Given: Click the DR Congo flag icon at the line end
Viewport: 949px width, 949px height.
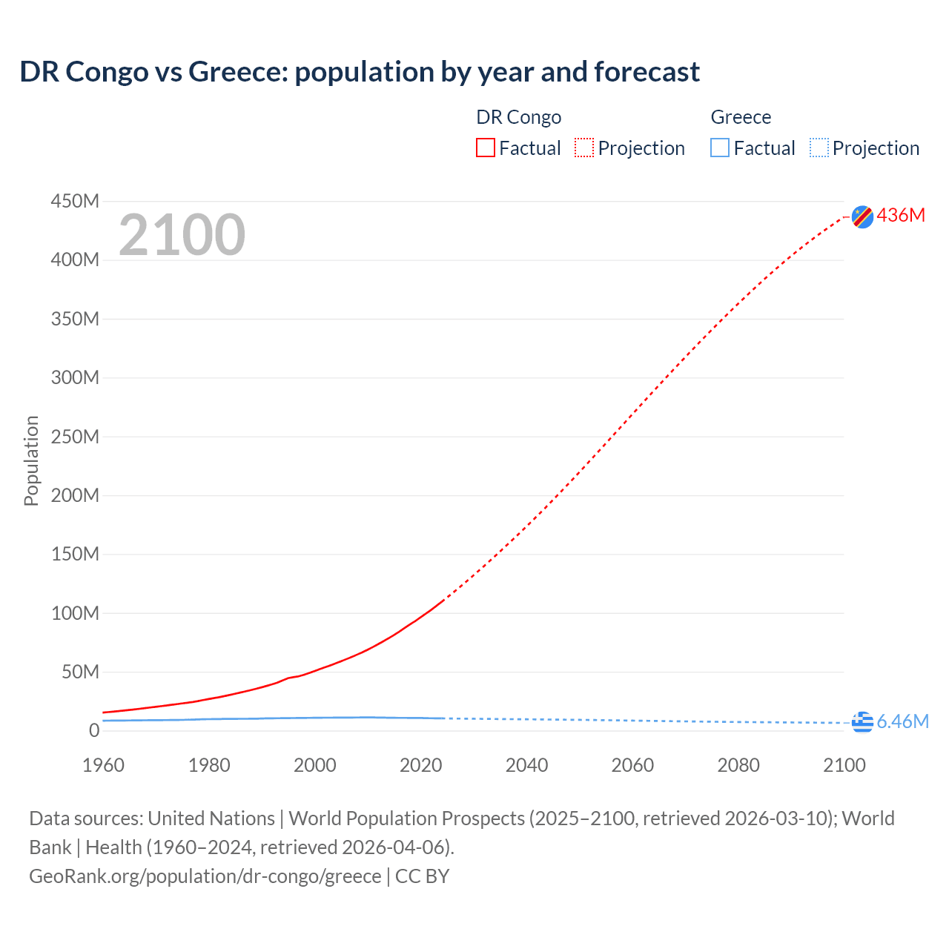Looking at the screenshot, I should pos(862,216).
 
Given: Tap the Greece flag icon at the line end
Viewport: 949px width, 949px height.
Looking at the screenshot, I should pos(862,722).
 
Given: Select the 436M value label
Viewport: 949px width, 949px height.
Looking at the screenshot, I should pos(901,215).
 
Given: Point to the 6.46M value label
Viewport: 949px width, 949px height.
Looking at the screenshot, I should pos(902,721).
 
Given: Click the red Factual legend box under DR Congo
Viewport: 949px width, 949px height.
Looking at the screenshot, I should pos(486,148).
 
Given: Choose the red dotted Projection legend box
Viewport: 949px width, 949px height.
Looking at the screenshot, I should pos(584,148).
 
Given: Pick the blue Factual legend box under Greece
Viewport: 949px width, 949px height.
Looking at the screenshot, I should pos(720,148).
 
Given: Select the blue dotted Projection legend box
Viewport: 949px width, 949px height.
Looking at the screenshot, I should pos(819,148).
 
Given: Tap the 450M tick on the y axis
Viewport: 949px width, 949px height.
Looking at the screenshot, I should pos(75,201).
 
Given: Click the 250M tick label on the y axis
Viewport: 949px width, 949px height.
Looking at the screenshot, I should pos(75,437).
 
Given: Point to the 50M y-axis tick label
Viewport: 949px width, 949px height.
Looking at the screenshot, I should pos(80,672).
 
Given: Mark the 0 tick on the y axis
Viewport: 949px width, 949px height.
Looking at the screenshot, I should pos(94,730).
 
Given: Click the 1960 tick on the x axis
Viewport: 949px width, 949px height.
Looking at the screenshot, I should pos(103,765).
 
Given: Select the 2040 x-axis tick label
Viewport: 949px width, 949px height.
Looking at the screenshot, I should pos(526,765).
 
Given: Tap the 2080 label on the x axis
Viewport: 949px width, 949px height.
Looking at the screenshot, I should pos(738,765).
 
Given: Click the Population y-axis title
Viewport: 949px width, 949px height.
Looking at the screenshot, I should pos(31,460).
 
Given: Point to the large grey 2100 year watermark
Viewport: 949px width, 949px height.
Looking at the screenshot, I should pos(182,235).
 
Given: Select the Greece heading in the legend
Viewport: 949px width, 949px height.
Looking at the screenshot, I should pos(741,117).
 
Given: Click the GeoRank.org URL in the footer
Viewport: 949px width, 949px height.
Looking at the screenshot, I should pos(205,876).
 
